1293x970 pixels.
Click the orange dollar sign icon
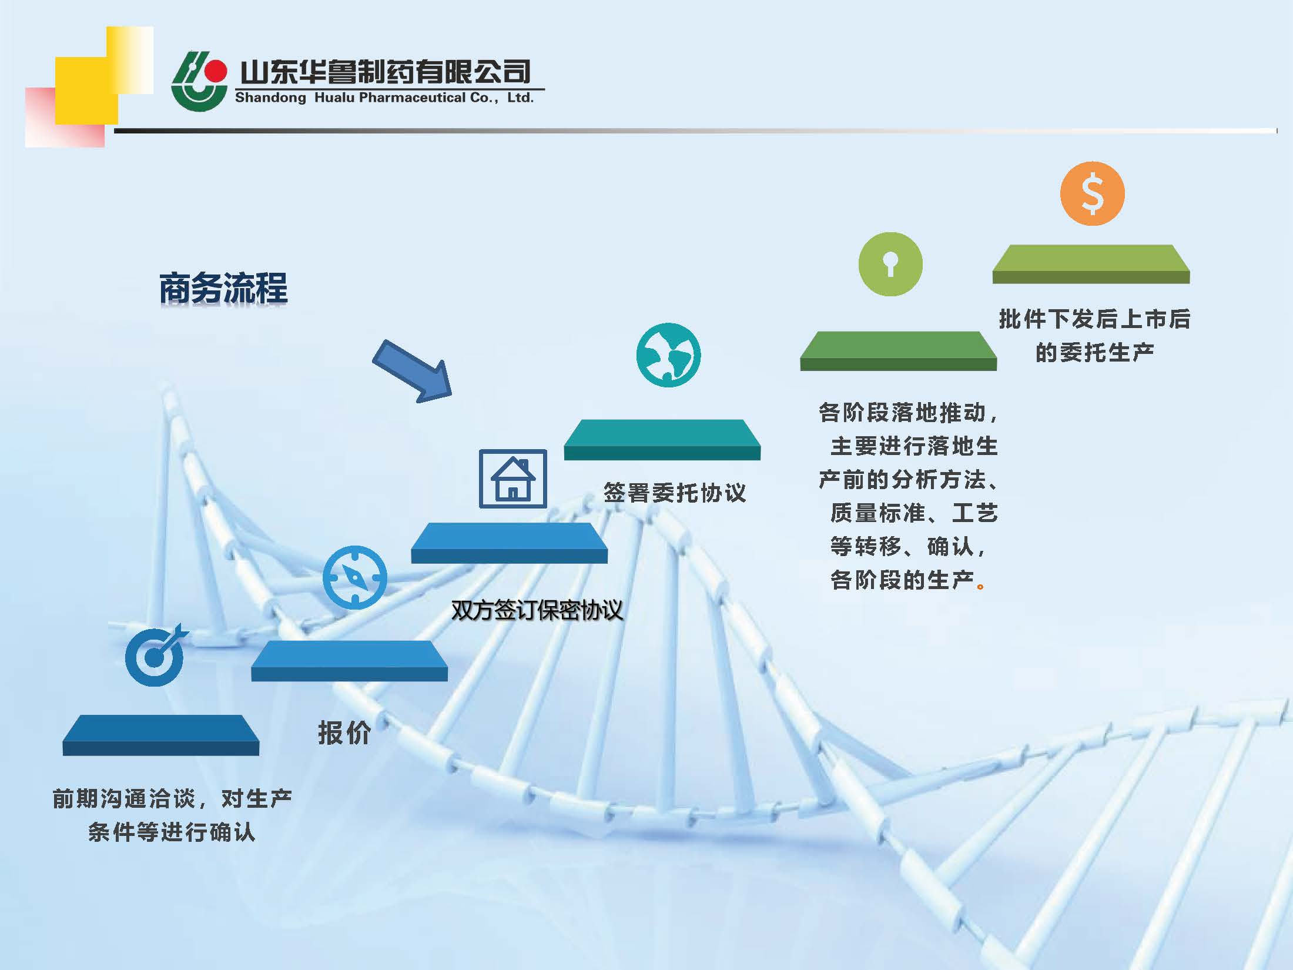[1092, 193]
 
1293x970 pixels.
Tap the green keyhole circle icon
[890, 264]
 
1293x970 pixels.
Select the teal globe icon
[668, 354]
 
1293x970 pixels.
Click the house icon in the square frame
[512, 479]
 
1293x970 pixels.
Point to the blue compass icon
[354, 577]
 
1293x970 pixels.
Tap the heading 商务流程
[223, 288]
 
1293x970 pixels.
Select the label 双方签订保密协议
[537, 610]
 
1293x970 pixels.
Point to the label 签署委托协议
[674, 493]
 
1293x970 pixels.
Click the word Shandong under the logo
[270, 98]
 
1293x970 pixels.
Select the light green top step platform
[1091, 264]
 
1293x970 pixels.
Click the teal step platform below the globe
[662, 439]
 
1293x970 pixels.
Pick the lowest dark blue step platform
[161, 735]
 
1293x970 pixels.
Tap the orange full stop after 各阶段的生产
[980, 586]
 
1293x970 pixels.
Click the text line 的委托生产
[1094, 353]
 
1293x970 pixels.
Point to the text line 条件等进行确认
[172, 832]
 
